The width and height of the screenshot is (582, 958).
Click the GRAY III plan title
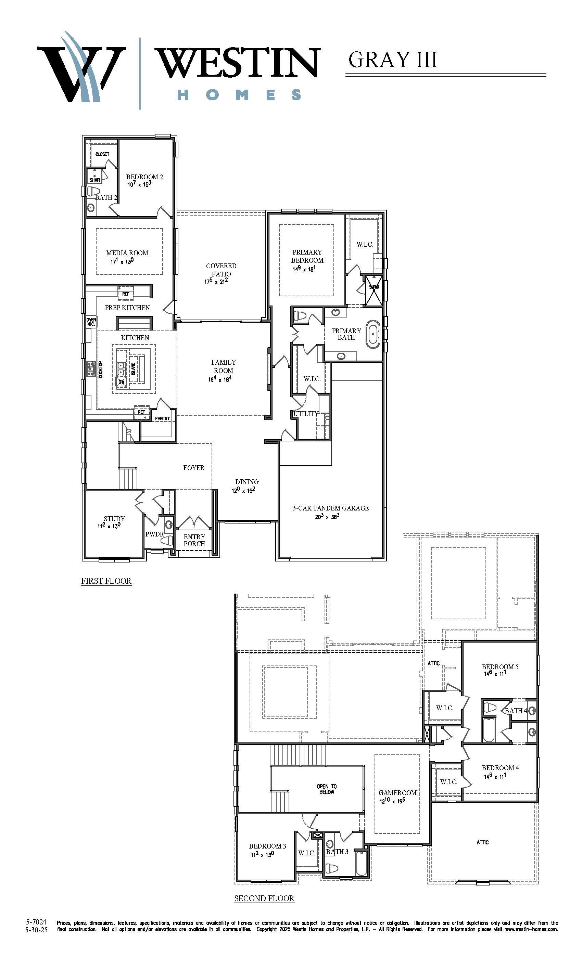[393, 60]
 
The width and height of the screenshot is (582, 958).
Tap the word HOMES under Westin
[239, 94]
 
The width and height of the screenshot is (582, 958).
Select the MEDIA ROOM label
[127, 253]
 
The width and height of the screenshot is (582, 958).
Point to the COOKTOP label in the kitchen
[100, 370]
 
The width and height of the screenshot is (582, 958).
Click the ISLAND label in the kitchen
[134, 368]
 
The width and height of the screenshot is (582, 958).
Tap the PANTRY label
[162, 418]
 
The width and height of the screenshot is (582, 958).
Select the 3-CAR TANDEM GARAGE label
[330, 508]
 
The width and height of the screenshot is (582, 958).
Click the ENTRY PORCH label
[194, 540]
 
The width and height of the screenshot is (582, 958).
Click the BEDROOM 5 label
[500, 667]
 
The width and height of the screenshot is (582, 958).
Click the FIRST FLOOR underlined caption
[106, 581]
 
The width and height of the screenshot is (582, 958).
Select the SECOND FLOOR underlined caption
[264, 898]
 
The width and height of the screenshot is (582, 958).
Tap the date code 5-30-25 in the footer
[36, 930]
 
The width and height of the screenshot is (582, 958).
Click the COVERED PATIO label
[221, 270]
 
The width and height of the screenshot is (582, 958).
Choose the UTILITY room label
[305, 414]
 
